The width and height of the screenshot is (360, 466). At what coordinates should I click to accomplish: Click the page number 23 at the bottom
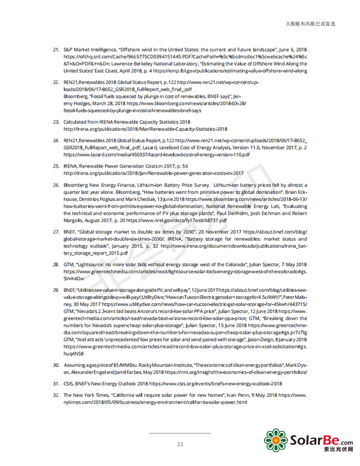179,444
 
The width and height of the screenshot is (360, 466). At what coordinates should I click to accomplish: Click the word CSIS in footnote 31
70,383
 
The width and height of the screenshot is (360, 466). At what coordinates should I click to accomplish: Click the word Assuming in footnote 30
75,365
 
